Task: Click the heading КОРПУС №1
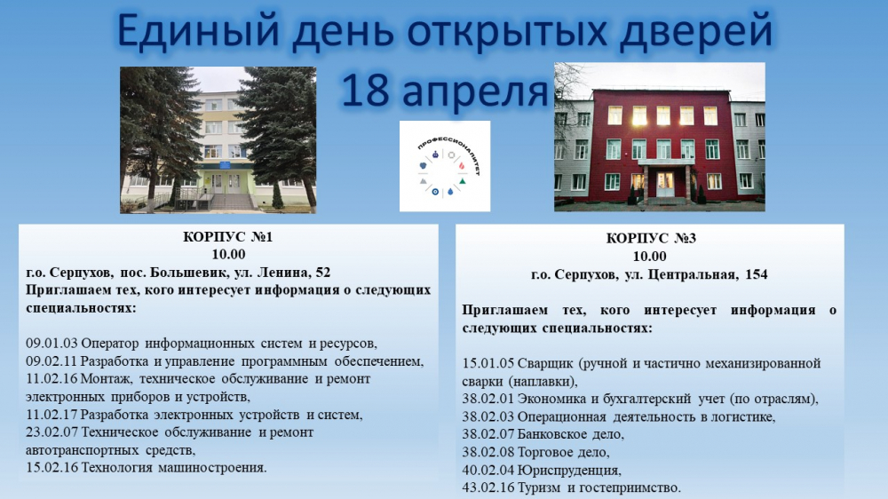point(228,238)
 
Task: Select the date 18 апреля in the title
point(443,90)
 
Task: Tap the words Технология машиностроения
point(174,467)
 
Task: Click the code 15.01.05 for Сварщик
point(489,363)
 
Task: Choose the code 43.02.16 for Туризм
point(489,487)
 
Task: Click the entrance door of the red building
point(665,185)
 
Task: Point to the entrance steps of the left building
point(232,202)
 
